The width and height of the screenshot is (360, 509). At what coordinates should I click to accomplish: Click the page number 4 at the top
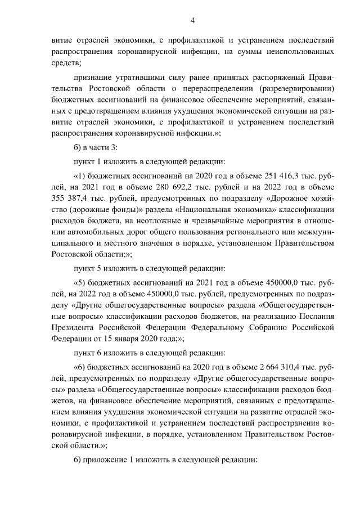pyautogui.click(x=192, y=21)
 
